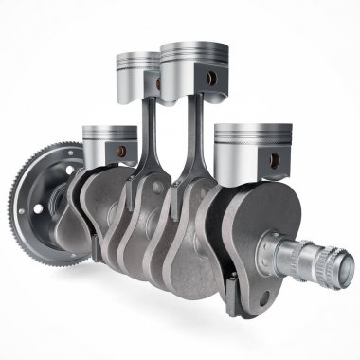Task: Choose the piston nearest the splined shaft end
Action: coord(248,148)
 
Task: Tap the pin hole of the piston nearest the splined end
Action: coord(277,158)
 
